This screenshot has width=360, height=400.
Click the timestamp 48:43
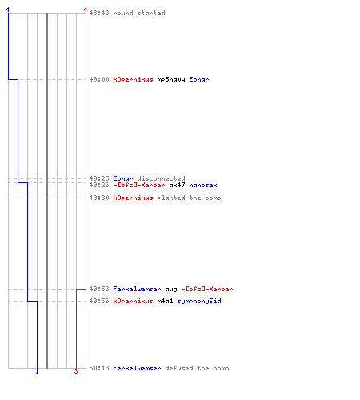[x=99, y=13]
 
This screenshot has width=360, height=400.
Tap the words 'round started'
[x=139, y=13]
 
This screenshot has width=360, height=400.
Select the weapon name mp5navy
[x=171, y=79]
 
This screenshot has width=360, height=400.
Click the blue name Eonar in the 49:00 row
[x=199, y=79]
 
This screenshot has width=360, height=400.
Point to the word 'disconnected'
[x=161, y=178]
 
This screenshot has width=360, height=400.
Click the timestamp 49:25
[x=99, y=178]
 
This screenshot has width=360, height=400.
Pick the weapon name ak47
[x=177, y=185]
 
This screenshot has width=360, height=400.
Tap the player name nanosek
[x=203, y=185]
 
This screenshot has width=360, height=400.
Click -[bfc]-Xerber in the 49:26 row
[x=139, y=185]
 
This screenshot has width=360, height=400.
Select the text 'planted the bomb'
[x=189, y=198]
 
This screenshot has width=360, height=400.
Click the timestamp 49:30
[x=99, y=198]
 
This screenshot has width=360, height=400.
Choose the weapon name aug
[x=171, y=290]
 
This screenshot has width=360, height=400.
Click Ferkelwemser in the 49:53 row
[x=137, y=289]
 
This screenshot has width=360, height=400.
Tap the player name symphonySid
[x=199, y=301]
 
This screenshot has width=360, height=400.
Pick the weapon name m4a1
[x=165, y=301]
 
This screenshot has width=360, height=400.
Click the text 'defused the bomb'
[x=197, y=368]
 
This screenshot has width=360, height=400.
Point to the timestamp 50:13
[x=99, y=368]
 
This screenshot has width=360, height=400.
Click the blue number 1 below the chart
[x=37, y=371]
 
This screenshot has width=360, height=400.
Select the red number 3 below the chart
[x=76, y=371]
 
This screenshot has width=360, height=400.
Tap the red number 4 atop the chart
[x=86, y=10]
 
